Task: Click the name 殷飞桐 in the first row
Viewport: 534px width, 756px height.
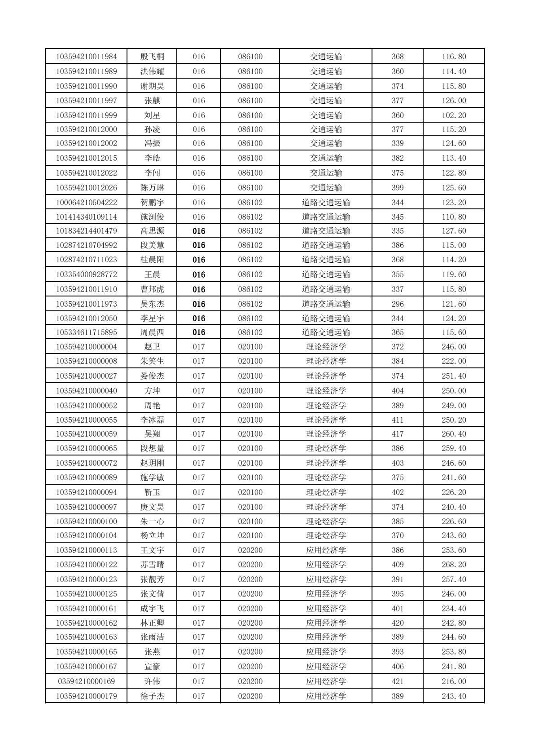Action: tap(152, 57)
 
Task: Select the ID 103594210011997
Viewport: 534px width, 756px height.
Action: tap(87, 101)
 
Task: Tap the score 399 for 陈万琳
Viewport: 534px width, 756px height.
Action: tap(398, 188)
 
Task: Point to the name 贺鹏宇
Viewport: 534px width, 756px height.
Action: tap(152, 203)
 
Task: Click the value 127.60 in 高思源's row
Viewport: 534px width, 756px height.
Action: tap(454, 231)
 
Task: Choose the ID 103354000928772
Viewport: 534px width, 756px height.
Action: tap(87, 274)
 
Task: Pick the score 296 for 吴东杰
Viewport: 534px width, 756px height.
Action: tap(398, 304)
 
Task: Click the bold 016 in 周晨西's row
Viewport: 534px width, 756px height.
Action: tap(199, 332)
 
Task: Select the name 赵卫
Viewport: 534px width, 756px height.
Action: tap(152, 347)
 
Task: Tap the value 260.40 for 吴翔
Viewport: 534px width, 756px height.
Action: tap(454, 434)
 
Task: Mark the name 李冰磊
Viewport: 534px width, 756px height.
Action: tap(152, 420)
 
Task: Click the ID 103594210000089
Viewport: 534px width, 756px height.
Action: tap(87, 477)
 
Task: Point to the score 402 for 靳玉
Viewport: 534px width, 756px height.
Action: tap(398, 492)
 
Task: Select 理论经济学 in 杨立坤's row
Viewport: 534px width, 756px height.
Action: tap(326, 535)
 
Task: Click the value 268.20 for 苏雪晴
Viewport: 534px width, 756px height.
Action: tap(454, 565)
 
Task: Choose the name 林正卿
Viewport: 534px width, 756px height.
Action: tap(152, 623)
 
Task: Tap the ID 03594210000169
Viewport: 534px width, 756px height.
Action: tap(87, 681)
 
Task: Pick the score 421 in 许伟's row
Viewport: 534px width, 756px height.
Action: tap(398, 681)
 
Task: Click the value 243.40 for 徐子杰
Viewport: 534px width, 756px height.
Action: tap(454, 696)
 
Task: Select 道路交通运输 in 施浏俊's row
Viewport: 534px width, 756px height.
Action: tap(326, 217)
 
